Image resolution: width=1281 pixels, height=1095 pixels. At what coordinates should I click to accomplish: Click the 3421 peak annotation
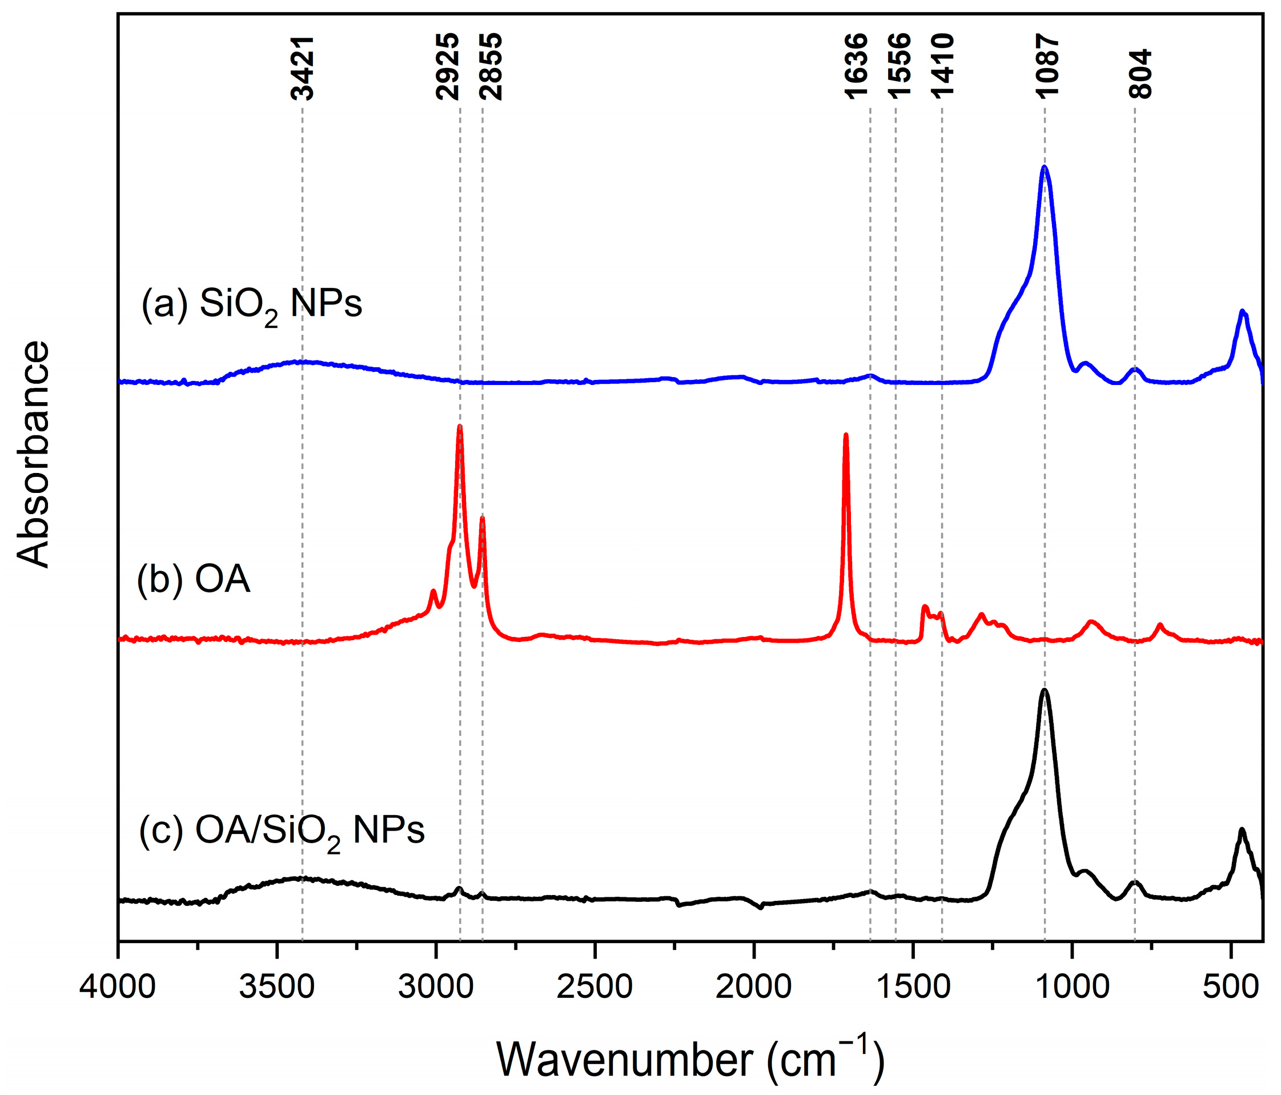pos(302,68)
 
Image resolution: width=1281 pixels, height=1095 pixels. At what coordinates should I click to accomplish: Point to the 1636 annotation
pos(856,67)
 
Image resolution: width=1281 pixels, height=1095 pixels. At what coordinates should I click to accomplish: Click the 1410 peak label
pos(943,67)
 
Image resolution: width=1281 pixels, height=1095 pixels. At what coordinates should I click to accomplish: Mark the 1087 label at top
pos(1047,67)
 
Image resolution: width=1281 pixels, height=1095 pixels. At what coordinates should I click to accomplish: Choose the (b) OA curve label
pos(194,580)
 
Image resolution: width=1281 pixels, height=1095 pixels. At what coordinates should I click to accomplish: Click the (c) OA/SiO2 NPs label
pos(282,832)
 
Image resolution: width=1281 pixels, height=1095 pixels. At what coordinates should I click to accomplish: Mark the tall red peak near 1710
pos(846,435)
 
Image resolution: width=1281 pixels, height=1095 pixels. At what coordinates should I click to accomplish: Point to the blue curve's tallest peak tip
pos(1045,167)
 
